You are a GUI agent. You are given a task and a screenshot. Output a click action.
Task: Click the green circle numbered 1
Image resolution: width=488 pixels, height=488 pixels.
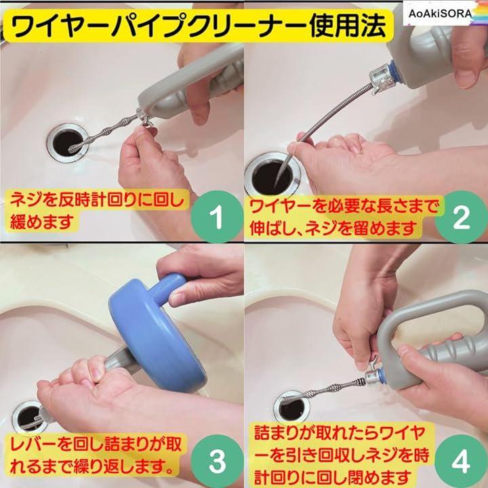point(217,217)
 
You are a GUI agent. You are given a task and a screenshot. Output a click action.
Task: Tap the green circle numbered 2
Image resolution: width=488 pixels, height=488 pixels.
point(461,217)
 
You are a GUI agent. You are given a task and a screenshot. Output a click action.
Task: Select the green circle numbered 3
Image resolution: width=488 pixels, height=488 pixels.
point(217,461)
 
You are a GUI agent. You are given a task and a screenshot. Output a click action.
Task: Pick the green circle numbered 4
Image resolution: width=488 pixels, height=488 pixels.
point(461,461)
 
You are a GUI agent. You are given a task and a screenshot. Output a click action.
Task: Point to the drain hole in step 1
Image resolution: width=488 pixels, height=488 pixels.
point(67,143)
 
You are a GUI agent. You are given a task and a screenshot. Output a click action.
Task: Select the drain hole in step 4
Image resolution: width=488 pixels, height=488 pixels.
point(292,408)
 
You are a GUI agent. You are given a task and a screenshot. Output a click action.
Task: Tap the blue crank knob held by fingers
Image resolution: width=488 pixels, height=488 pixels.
point(167,289)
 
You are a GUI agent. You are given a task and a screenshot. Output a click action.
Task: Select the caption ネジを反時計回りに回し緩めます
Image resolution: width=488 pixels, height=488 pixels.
point(96,210)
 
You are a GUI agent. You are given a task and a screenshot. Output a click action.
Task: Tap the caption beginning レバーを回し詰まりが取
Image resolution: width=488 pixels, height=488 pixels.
point(95,455)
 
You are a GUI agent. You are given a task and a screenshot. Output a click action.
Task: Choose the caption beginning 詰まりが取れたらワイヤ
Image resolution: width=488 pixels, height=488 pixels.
point(342,454)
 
